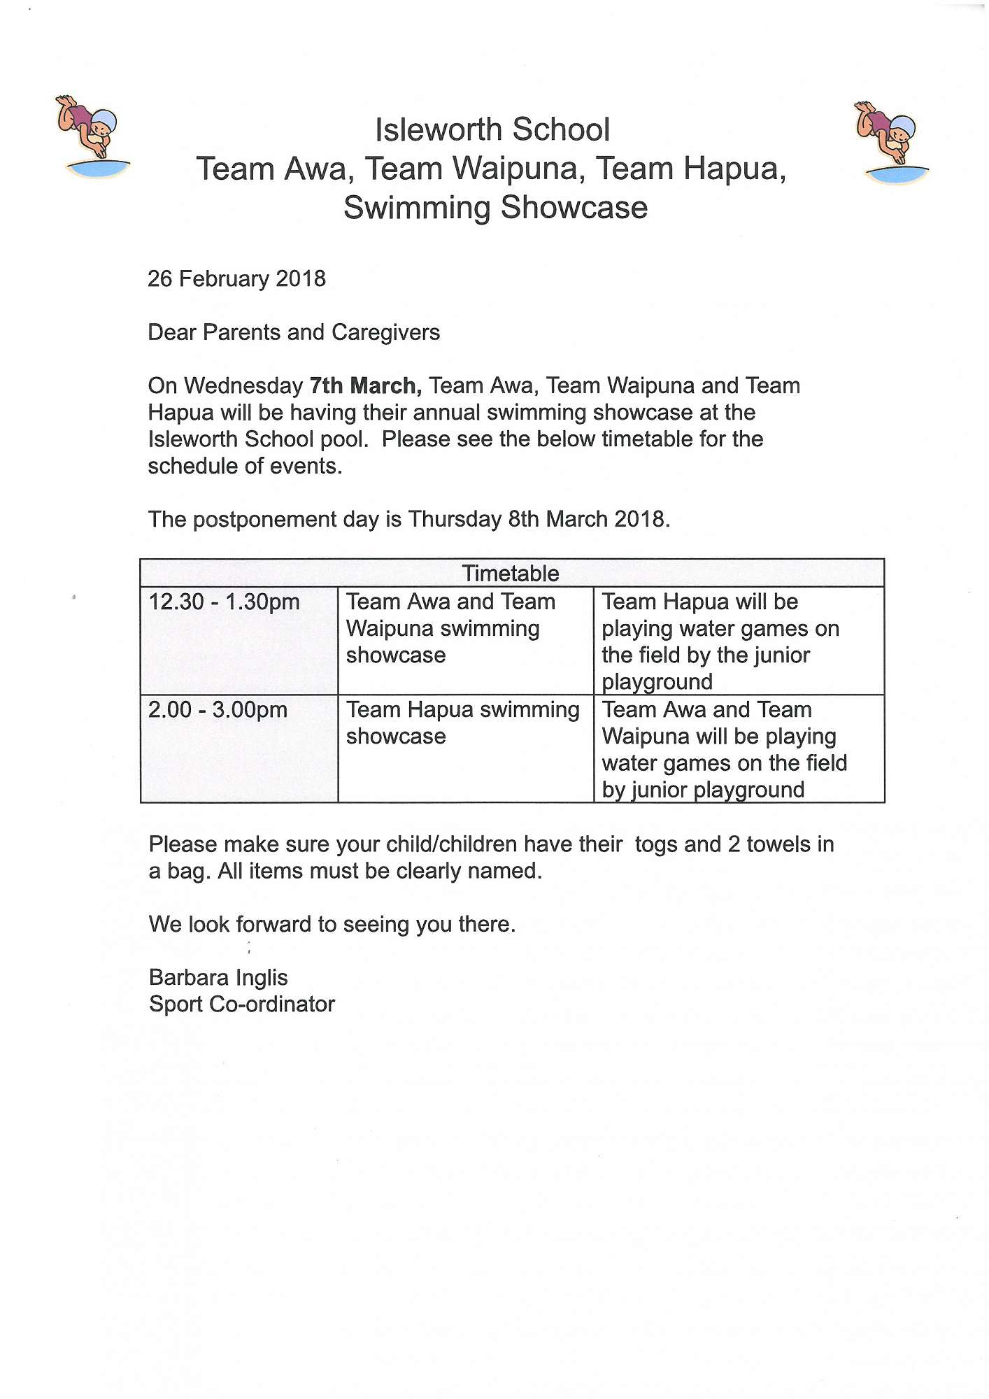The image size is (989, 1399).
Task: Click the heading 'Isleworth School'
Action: [492, 130]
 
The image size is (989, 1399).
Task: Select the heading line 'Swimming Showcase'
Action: [495, 208]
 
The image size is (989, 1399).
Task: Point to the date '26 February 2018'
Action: [236, 279]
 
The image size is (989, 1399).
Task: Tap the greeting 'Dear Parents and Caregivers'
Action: [294, 332]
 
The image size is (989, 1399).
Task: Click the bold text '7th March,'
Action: [365, 386]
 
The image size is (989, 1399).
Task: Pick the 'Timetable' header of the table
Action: [511, 574]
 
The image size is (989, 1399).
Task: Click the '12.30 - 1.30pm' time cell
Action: [224, 602]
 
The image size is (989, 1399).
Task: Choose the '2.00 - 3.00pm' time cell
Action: [218, 710]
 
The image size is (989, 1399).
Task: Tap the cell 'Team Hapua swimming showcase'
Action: [462, 723]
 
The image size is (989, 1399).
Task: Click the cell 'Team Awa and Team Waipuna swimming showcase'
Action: [450, 628]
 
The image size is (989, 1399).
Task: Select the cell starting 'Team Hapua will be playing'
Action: [720, 641]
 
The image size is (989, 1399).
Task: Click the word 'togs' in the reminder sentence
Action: [657, 844]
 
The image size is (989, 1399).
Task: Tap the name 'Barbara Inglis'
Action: [218, 978]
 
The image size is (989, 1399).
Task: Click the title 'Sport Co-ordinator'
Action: [242, 1004]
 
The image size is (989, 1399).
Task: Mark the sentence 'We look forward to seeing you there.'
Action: [332, 925]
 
